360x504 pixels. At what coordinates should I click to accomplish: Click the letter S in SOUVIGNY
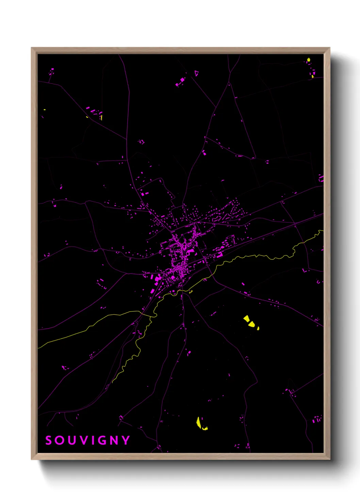[x=49, y=440]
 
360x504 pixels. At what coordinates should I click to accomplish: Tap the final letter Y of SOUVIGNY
[x=126, y=440]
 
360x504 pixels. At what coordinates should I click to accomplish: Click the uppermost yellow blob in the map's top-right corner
[x=309, y=60]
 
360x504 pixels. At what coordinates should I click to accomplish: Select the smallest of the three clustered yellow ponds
[x=258, y=328]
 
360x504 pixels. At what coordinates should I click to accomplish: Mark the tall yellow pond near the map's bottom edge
[x=198, y=422]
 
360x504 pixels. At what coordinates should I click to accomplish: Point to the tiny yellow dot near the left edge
[x=45, y=110]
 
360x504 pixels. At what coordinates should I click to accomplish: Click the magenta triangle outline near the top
[x=196, y=73]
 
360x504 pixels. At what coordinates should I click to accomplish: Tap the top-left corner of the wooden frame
[x=32, y=48]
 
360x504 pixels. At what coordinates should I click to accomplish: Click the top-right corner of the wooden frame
[x=329, y=48]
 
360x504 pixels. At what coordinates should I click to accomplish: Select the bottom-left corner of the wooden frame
[x=32, y=459]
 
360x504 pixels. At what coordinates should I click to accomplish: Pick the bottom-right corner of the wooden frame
[x=329, y=459]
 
